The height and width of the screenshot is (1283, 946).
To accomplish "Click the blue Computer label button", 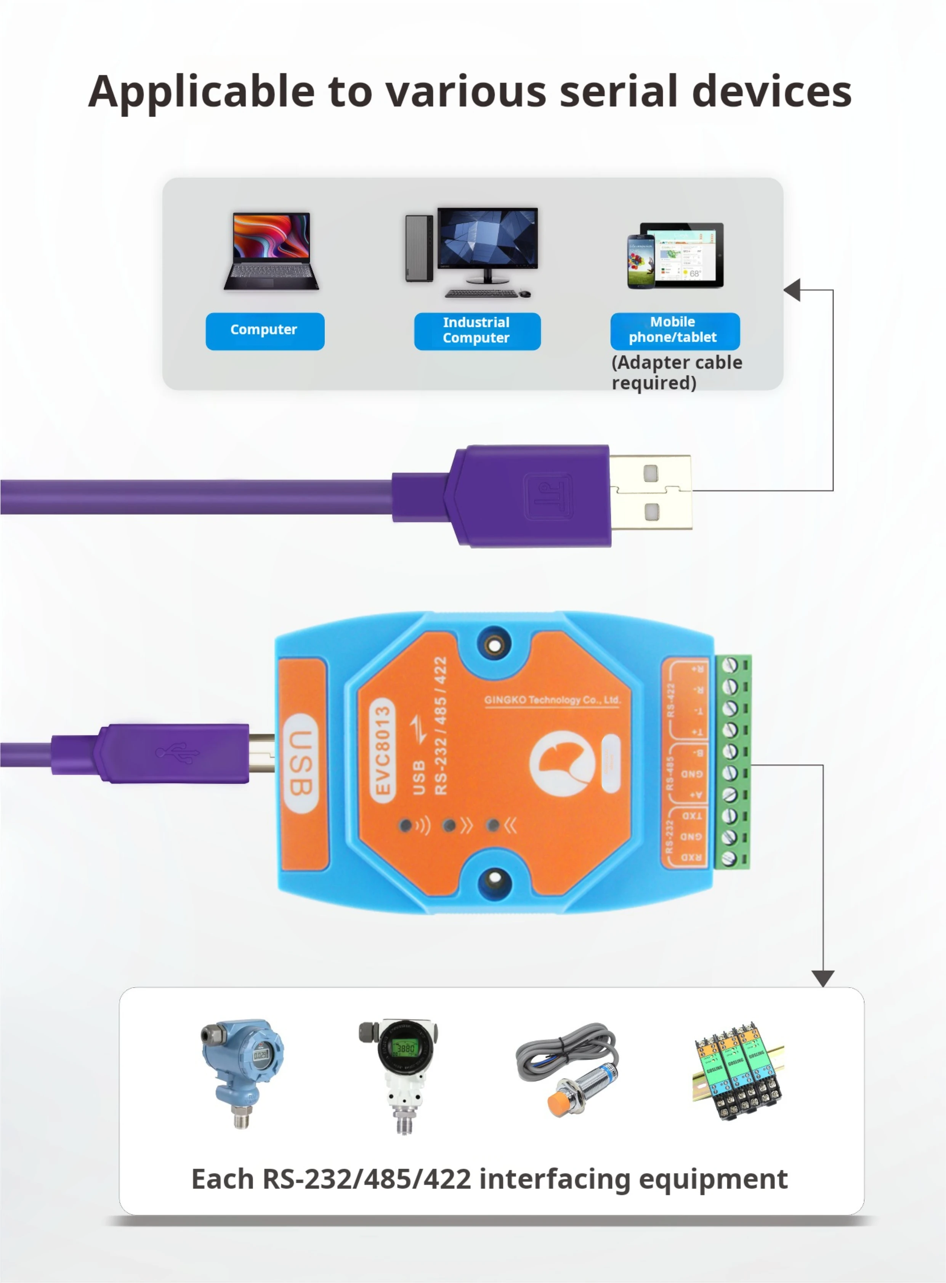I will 265,331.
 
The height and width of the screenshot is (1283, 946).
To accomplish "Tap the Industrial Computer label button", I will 477,331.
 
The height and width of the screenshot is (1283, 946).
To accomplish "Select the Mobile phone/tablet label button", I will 675,330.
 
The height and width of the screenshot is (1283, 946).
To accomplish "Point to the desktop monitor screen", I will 487,237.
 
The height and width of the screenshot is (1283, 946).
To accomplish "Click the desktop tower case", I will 419,248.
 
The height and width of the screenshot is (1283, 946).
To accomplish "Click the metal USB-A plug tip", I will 651,492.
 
